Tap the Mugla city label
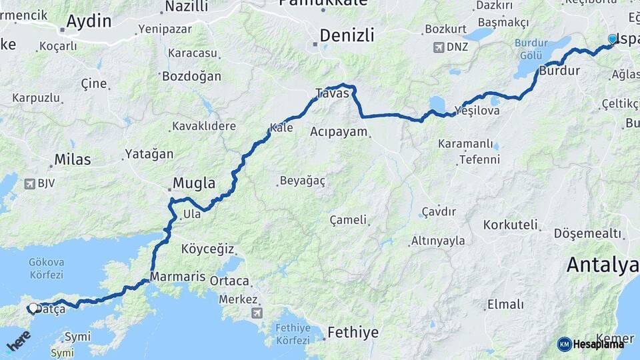[x=193, y=183]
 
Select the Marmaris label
[x=172, y=275]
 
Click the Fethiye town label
[x=353, y=332]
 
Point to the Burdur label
[x=559, y=71]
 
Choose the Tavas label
[x=332, y=93]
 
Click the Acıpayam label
[x=339, y=131]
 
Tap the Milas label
[x=73, y=160]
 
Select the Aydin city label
[x=89, y=21]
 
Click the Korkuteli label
[x=511, y=225]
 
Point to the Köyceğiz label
[x=207, y=249]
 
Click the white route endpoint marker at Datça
[x=33, y=308]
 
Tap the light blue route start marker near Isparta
[x=613, y=39]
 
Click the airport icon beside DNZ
[x=438, y=47]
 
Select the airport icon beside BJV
[x=29, y=183]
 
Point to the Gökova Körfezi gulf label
[x=46, y=268]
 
